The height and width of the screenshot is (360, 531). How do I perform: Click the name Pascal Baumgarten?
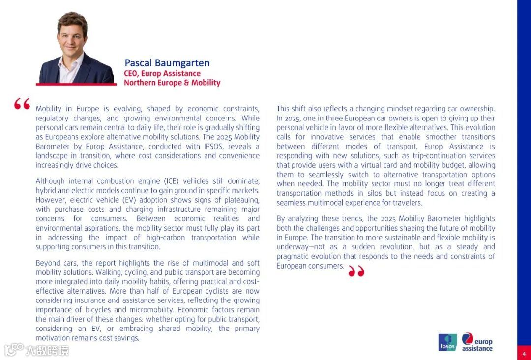[x=167, y=63]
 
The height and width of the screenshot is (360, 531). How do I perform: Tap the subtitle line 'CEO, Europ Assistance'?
[x=162, y=73]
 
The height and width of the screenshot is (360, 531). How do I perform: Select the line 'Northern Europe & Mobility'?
[x=172, y=83]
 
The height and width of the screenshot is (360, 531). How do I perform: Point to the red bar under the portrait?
[x=76, y=84]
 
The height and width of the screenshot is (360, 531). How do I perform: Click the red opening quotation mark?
[x=22, y=104]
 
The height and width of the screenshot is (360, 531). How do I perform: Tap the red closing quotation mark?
[x=356, y=271]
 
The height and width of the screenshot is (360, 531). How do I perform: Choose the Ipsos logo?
[x=447, y=342]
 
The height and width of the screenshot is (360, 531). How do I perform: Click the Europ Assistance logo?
[x=477, y=342]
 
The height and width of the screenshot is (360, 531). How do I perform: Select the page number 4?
[x=524, y=354]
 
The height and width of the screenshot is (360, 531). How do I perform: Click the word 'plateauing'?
[x=241, y=200]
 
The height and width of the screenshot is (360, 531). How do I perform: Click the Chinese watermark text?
[x=46, y=350]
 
